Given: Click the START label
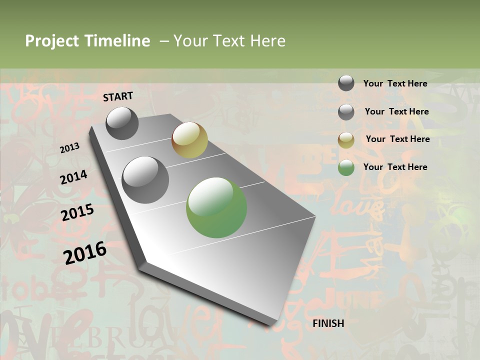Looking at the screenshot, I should click(x=118, y=96).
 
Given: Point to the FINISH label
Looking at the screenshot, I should click(x=328, y=323).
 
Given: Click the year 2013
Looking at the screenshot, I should click(x=70, y=147).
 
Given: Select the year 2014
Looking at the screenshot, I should click(x=74, y=177).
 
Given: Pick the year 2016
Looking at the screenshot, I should click(x=85, y=252).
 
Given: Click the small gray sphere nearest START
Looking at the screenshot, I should click(x=122, y=123).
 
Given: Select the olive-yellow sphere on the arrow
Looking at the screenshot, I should click(x=189, y=140).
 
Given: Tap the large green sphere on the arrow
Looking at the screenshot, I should click(x=216, y=207).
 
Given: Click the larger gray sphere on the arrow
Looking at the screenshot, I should click(x=145, y=179).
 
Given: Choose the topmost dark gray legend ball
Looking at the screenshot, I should click(x=346, y=83).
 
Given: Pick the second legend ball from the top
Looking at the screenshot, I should click(x=346, y=112).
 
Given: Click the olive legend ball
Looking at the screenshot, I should click(x=346, y=140).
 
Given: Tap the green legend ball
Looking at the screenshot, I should click(x=346, y=168).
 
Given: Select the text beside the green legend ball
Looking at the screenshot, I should click(x=395, y=167).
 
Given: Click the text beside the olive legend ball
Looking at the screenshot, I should click(x=397, y=139).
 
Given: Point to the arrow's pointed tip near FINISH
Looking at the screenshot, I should click(x=272, y=324).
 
